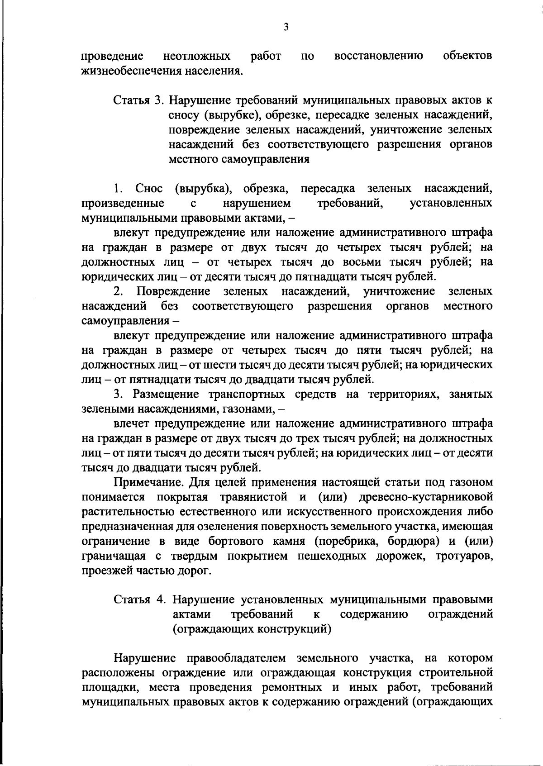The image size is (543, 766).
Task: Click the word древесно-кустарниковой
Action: [x=425, y=497]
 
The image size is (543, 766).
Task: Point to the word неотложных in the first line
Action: [x=196, y=57]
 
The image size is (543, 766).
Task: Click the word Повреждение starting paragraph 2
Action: [x=174, y=291]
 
